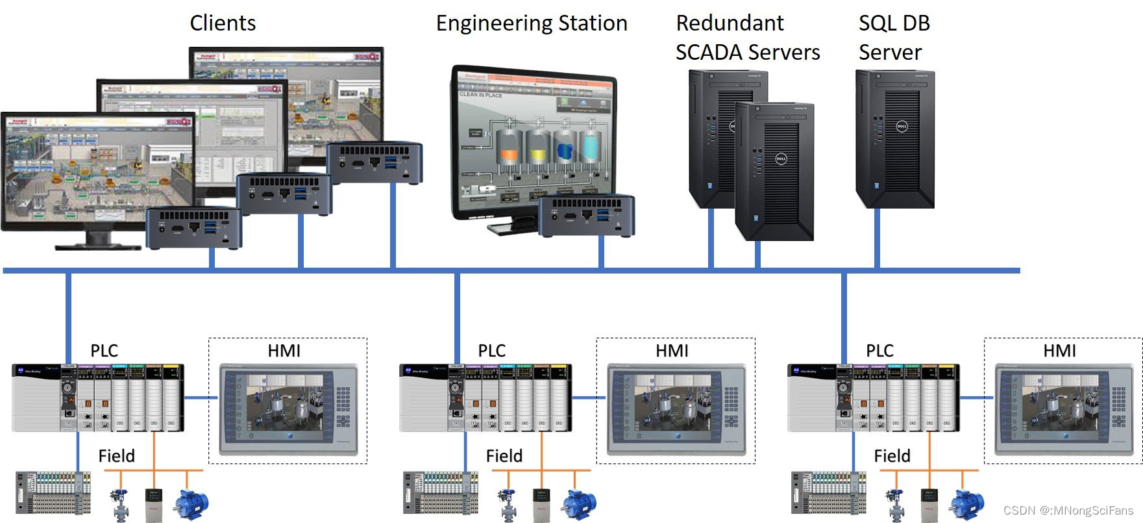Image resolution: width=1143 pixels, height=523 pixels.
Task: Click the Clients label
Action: point(223,23)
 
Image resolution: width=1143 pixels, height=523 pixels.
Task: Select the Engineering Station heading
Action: point(532,23)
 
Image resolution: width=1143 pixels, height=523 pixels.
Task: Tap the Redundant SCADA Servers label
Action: point(747,38)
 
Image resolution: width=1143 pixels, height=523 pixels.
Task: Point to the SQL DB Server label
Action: point(894,38)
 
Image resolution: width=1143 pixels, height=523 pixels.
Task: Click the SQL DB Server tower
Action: point(896,140)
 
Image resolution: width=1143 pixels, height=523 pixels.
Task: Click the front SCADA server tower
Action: point(775,172)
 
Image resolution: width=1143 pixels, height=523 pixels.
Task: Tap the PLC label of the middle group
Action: point(491,351)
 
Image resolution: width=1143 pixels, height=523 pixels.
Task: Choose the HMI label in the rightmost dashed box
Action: point(1059,351)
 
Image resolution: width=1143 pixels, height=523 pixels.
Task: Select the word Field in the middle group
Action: point(504,456)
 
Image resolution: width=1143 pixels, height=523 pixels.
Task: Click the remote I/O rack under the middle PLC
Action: point(441,492)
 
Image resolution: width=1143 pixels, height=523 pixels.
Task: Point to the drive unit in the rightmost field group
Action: point(929,505)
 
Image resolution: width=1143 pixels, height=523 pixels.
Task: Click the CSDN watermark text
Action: point(1068,511)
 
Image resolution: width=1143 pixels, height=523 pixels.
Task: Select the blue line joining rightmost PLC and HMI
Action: point(976,398)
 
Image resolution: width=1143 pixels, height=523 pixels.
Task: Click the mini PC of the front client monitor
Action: point(194,228)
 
